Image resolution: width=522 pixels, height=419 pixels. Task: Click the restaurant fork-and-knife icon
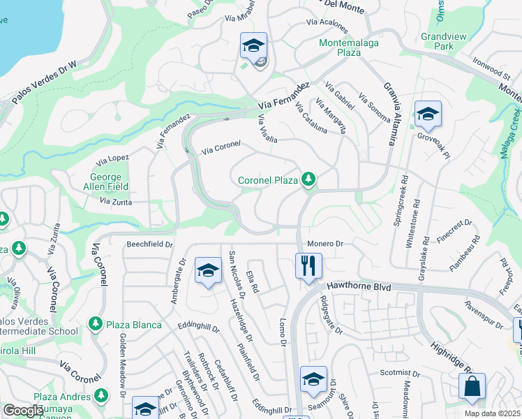click(x=308, y=265)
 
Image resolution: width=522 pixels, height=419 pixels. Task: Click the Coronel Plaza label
click(x=268, y=180)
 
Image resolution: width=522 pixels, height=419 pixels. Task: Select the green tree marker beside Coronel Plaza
click(x=308, y=180)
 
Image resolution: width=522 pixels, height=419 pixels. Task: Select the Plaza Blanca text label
click(x=134, y=325)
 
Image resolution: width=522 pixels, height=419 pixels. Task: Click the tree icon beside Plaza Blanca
click(x=96, y=325)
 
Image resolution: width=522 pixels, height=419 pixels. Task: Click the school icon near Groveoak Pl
click(x=427, y=114)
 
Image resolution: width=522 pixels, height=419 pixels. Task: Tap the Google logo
click(x=22, y=411)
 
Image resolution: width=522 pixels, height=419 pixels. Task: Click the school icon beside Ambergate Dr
click(x=207, y=272)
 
